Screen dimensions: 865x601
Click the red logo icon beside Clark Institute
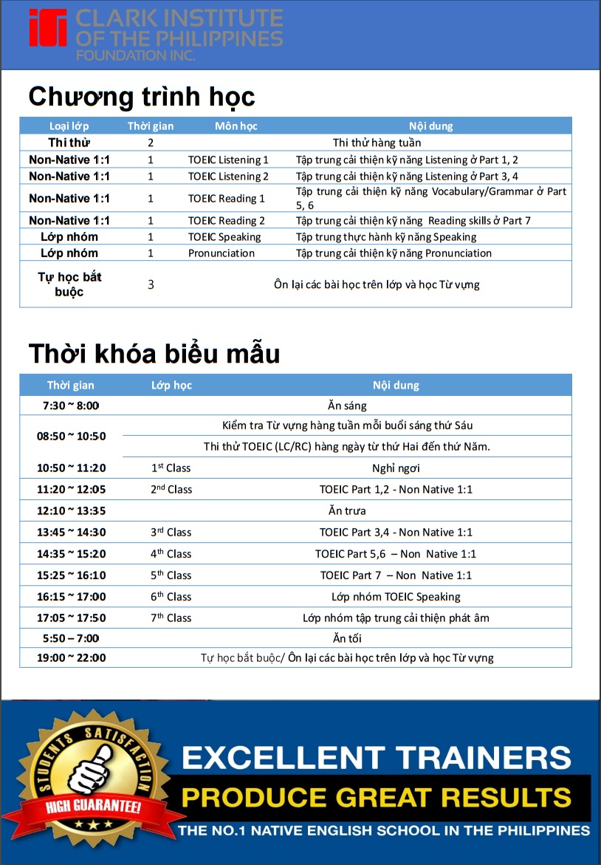coord(48,28)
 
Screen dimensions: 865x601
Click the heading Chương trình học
coord(141,97)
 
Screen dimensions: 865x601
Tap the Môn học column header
coord(236,126)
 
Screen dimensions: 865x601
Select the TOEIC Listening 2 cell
coord(228,177)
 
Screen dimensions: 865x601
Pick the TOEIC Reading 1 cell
coord(227,199)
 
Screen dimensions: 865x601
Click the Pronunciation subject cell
coord(221,253)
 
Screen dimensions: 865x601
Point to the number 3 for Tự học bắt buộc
coord(151,284)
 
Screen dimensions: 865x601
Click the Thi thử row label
coord(69,143)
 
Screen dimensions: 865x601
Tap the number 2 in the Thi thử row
coord(151,143)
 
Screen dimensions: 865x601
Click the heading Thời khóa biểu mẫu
coord(154,354)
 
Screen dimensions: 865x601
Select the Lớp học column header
coord(171,386)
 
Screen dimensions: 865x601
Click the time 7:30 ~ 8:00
coord(71,406)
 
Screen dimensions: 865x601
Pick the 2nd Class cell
coord(171,489)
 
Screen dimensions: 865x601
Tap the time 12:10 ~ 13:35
coord(71,510)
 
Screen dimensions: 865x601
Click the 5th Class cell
coord(171,575)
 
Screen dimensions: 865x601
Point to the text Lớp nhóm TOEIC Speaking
coord(396,597)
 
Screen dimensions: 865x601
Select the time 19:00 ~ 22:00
coord(71,658)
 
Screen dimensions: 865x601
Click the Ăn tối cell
coord(347,638)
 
